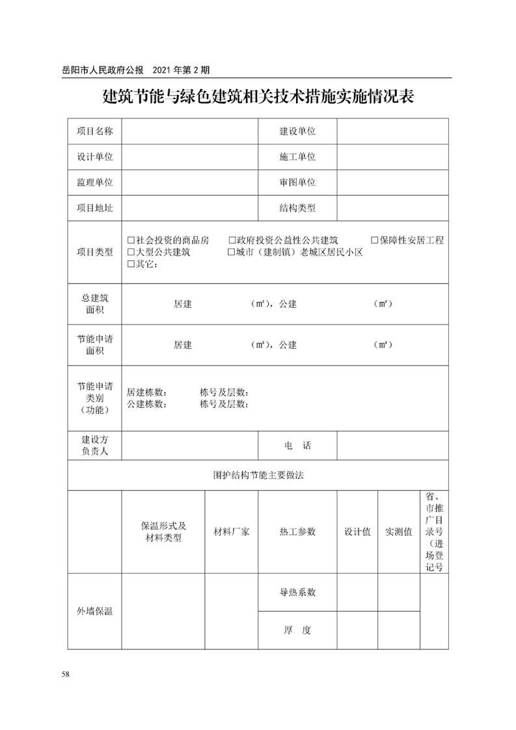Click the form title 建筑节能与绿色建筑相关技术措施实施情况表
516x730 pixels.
point(258,98)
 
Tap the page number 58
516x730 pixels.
point(66,673)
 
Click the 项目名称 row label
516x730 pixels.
point(94,131)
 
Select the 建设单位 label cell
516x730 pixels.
point(297,131)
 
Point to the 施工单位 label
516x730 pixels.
point(297,157)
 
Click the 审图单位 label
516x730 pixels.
point(297,183)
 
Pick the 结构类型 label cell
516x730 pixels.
point(297,208)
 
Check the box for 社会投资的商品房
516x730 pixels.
point(131,240)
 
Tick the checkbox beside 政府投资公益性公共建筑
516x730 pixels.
point(232,240)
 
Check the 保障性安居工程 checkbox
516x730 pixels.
point(375,240)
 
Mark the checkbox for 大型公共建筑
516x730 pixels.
point(131,252)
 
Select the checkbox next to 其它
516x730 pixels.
point(131,264)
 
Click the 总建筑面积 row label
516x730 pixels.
point(94,304)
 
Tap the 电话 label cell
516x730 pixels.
point(297,446)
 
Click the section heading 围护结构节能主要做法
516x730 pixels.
point(258,475)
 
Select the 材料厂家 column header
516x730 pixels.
point(232,532)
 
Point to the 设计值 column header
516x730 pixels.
point(357,532)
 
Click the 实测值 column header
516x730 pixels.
point(398,532)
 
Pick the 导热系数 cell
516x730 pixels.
point(297,592)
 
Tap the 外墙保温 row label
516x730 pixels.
point(94,611)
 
